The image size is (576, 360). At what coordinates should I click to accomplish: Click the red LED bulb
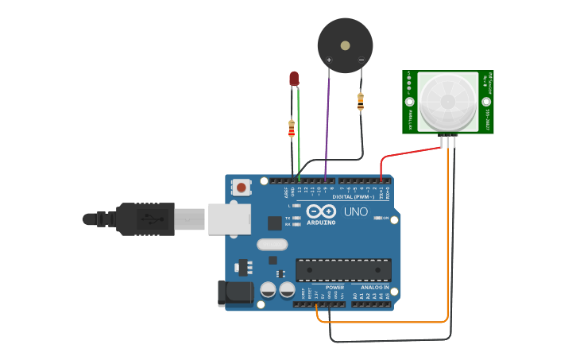pos(294,78)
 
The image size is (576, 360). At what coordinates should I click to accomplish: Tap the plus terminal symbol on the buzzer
pos(329,60)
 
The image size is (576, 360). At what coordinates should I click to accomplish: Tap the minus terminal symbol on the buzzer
pos(361,60)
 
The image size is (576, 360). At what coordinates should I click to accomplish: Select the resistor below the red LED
pos(292,126)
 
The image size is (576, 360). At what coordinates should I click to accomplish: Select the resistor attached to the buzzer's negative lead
pos(361,101)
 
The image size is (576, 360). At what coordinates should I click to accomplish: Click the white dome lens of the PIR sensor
pos(448,102)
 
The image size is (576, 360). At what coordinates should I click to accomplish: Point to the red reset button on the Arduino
pos(241,188)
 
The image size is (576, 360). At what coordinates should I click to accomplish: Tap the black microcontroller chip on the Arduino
pos(343,270)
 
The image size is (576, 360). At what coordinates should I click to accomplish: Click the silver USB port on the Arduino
pos(230,219)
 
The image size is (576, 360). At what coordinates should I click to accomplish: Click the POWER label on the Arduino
pos(334,287)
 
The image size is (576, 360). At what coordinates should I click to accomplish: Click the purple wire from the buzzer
pos(327,127)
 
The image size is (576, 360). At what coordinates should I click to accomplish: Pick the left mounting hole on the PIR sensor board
pos(410,102)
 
